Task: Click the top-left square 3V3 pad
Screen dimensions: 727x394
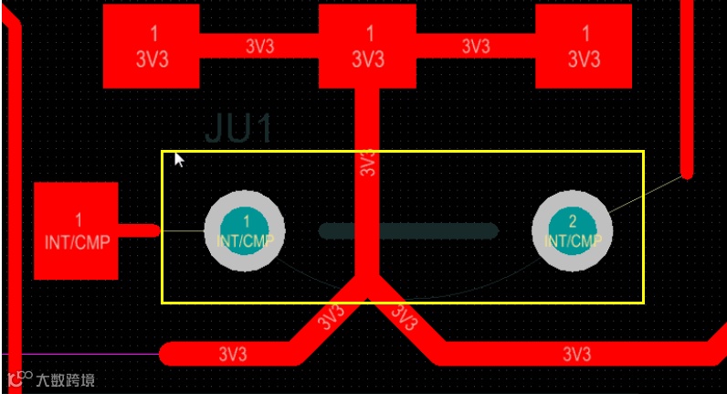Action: pos(153,46)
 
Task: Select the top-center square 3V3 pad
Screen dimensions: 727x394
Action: pos(369,46)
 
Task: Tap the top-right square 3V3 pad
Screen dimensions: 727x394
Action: pos(585,46)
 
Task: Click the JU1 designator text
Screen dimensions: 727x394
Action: pos(238,129)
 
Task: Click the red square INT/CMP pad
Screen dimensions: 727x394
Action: pos(77,230)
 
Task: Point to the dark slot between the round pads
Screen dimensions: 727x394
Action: pos(408,231)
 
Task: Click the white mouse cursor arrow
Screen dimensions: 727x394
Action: pos(179,160)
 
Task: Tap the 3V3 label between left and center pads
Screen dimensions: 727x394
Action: pos(259,46)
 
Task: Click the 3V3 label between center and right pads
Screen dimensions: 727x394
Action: pos(476,46)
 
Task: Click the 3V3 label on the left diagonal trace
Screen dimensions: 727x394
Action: pos(331,317)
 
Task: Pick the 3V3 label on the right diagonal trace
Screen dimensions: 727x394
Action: pos(402,317)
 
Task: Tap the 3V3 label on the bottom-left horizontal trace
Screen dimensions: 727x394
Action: pos(234,353)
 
